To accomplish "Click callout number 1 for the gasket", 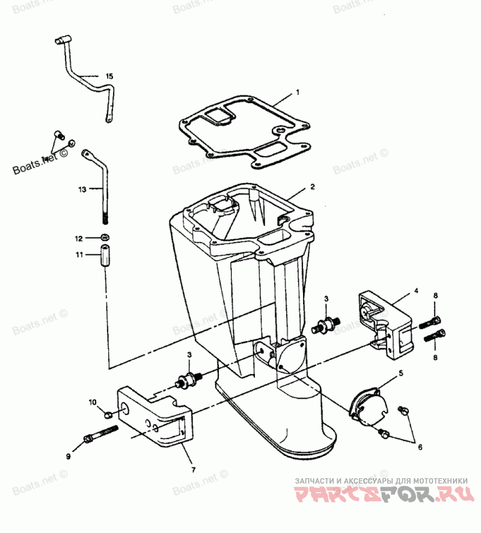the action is click(297, 93).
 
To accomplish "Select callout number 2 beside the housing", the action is click(312, 187).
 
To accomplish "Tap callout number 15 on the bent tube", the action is click(109, 76).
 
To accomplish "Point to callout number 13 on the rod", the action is click(82, 189).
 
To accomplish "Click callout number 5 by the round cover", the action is click(401, 373).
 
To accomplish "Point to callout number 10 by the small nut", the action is click(93, 402).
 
